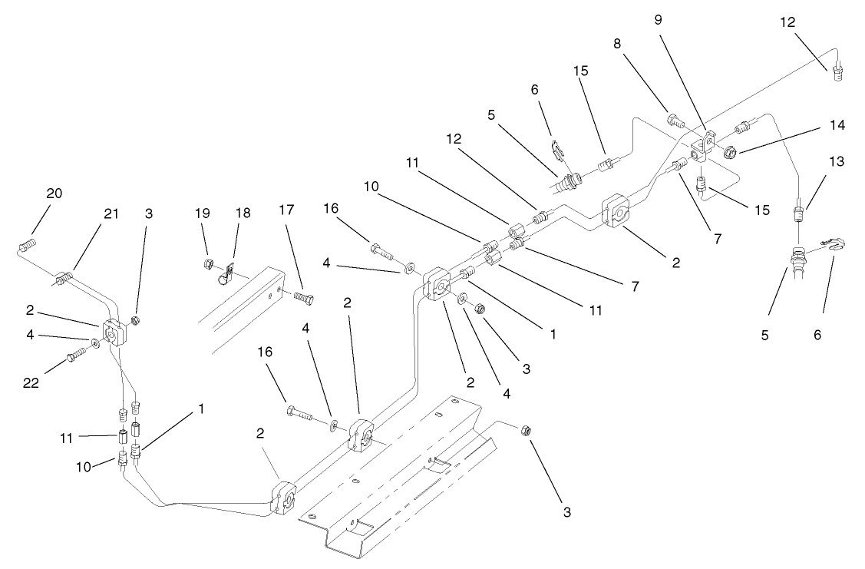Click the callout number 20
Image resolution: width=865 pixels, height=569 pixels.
click(54, 194)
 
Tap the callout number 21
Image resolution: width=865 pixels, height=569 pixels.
click(111, 213)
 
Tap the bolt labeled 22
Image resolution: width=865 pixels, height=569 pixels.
click(74, 355)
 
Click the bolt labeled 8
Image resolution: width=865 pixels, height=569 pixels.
click(674, 120)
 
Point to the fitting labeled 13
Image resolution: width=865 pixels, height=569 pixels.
click(799, 207)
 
